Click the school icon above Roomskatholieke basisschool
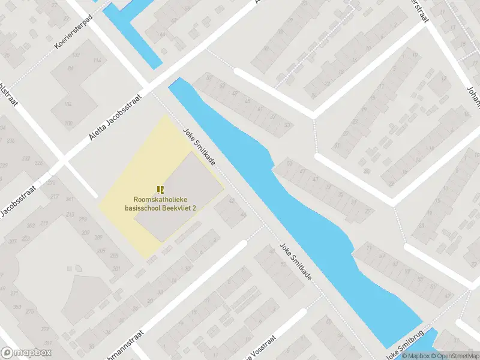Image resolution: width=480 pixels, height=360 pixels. click(160, 188)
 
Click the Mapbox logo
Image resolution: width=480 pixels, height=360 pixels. click(26, 353)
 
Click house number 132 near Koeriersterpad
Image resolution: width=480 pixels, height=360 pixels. click(76, 55)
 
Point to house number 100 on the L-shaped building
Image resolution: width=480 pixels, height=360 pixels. click(68, 124)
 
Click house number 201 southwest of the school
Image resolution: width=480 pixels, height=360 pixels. click(115, 268)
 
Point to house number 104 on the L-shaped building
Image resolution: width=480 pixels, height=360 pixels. click(68, 104)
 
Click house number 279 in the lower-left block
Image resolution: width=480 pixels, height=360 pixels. click(45, 329)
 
